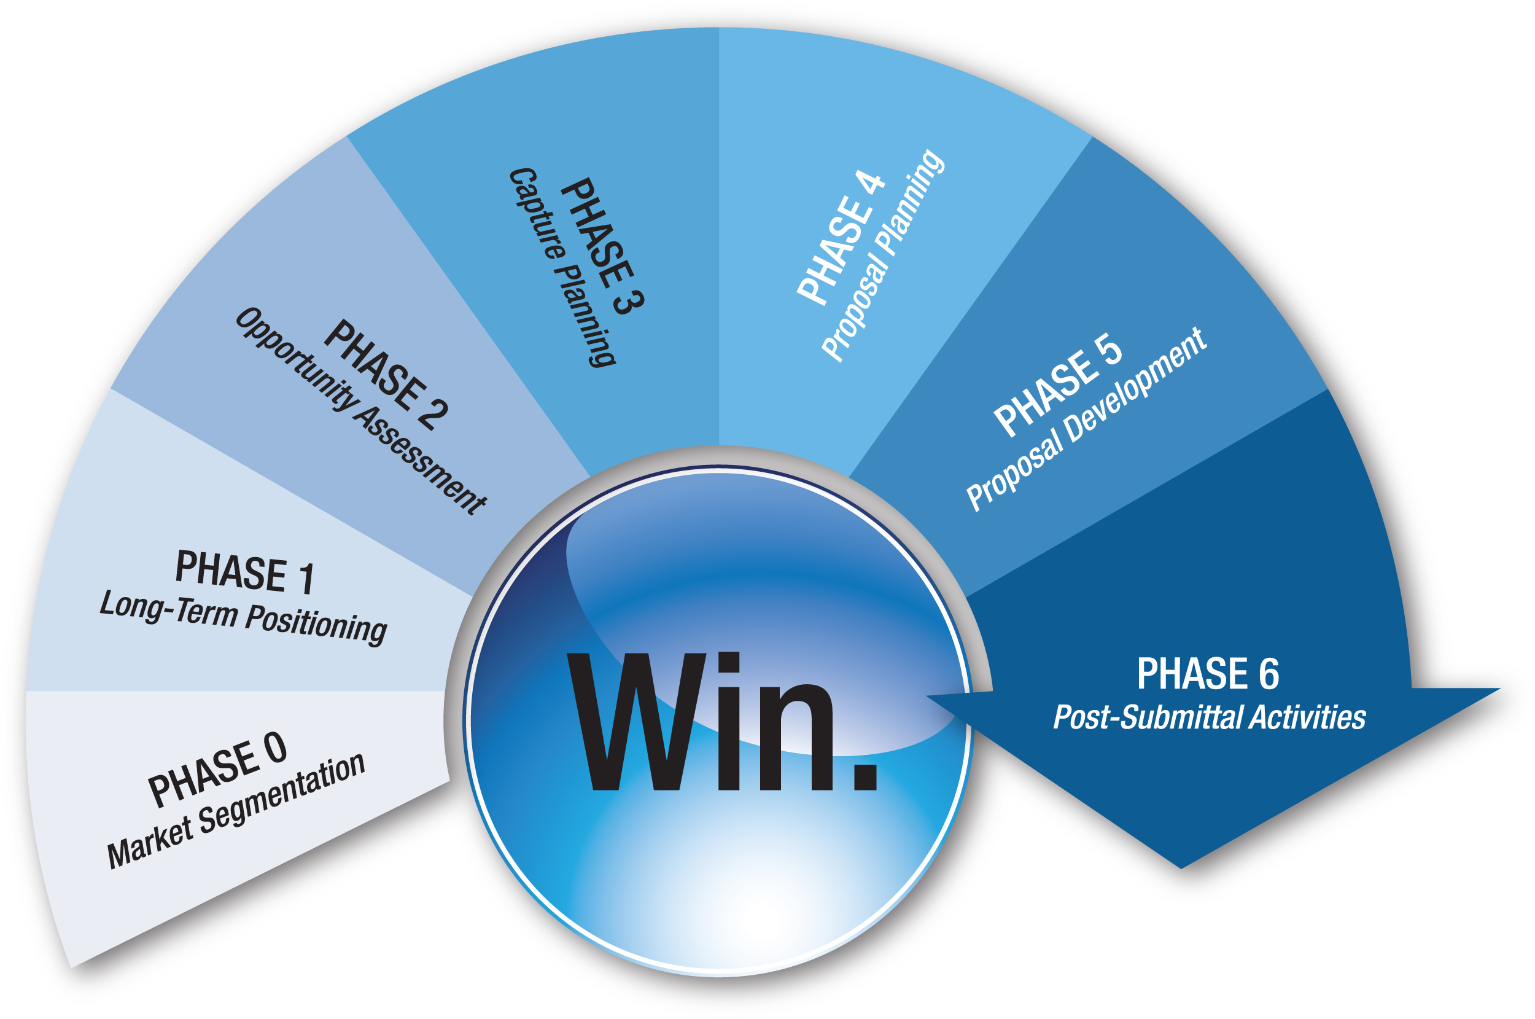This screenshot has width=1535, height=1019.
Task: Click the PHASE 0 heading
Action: pyautogui.click(x=217, y=770)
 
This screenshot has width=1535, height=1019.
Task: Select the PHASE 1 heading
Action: pyautogui.click(x=245, y=572)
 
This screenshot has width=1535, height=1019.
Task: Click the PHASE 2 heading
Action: pyautogui.click(x=386, y=375)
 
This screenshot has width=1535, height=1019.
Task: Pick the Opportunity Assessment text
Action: pyautogui.click(x=360, y=411)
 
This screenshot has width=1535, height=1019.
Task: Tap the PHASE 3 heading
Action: pyautogui.click(x=602, y=247)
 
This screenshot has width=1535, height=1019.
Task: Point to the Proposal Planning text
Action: pyautogui.click(x=884, y=255)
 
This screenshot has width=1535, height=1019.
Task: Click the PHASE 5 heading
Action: pyautogui.click(x=1058, y=385)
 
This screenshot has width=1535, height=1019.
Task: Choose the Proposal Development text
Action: pyautogui.click(x=1086, y=420)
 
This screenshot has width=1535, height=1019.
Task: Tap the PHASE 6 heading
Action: pyautogui.click(x=1208, y=673)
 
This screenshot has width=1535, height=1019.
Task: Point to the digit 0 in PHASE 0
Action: pyautogui.click(x=275, y=748)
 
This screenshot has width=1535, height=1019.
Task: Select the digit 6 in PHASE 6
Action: pyautogui.click(x=1269, y=673)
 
